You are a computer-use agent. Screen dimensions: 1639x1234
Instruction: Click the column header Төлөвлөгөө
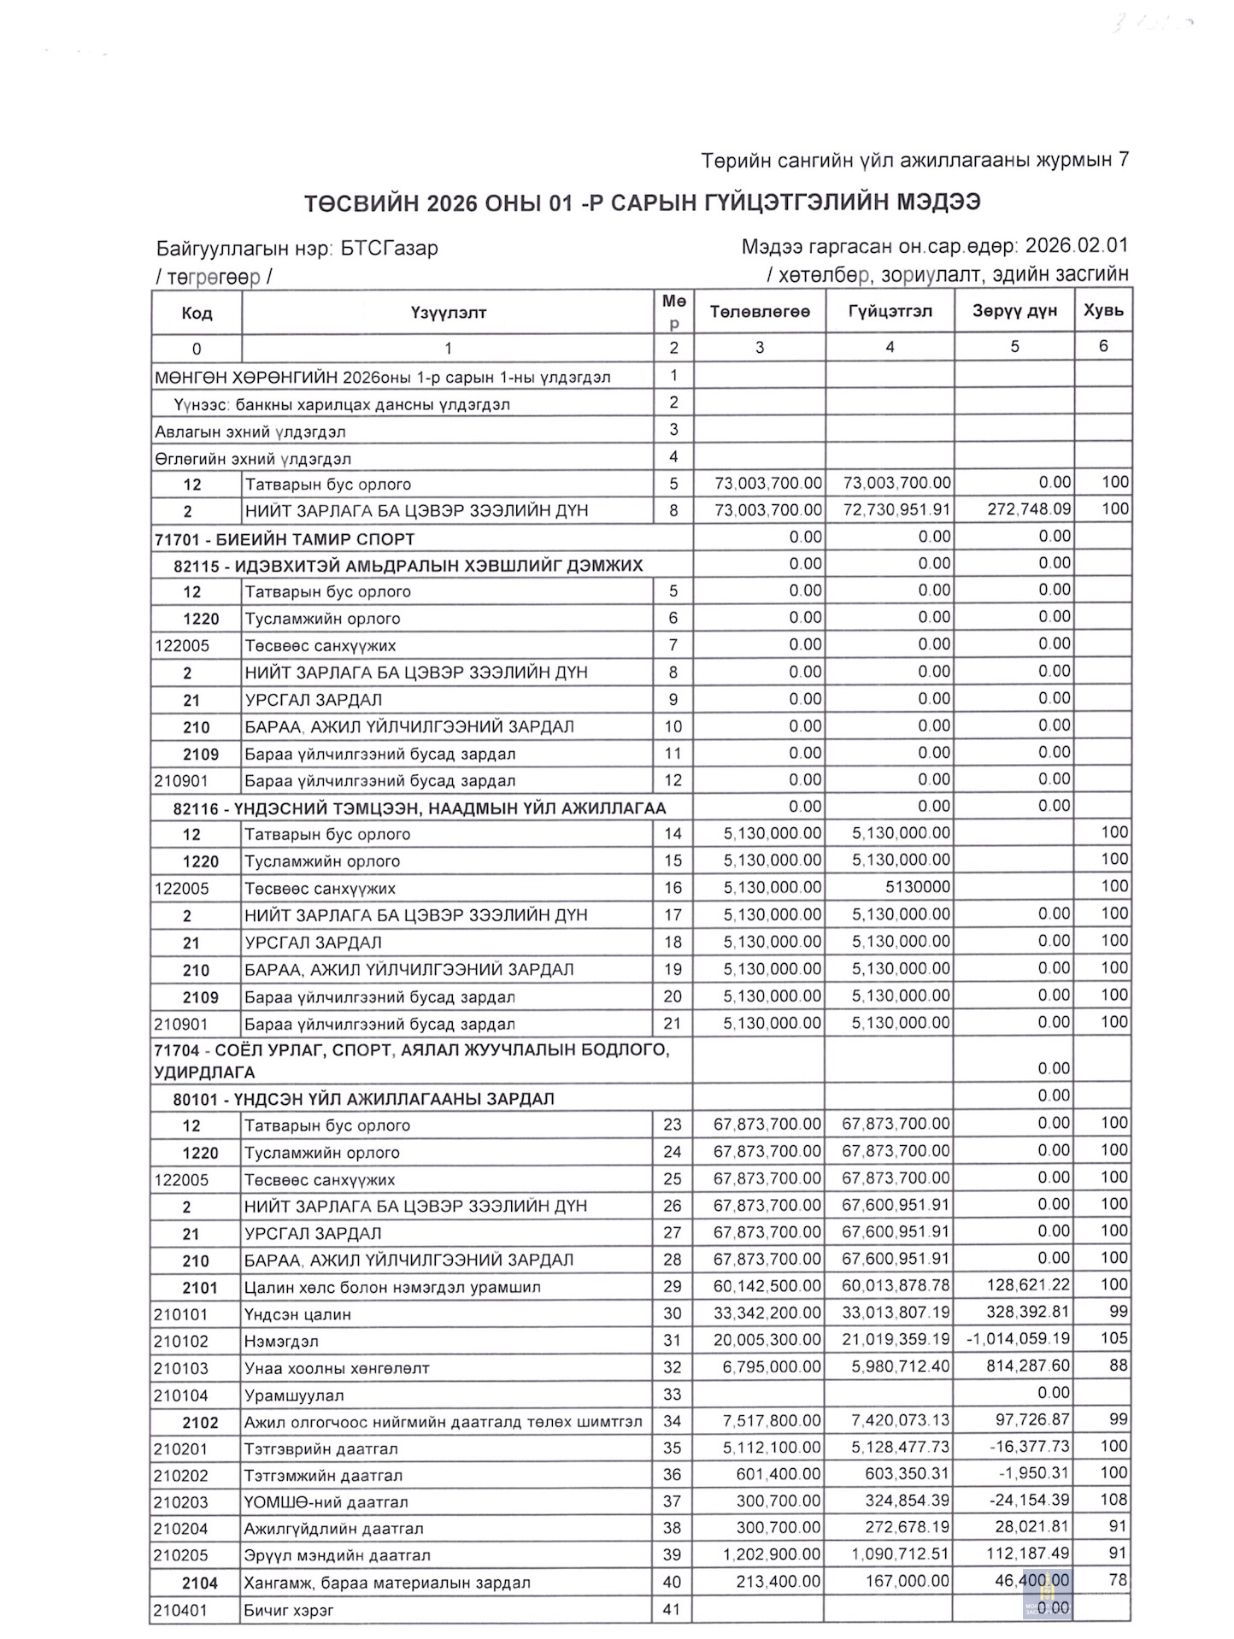click(759, 312)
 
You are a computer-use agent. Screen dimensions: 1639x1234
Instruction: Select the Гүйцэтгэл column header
click(890, 312)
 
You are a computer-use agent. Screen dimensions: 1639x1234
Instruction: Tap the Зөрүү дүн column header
click(1014, 311)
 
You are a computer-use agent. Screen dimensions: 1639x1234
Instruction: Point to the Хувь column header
click(1103, 310)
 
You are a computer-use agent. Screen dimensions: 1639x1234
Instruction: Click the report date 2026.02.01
click(1076, 246)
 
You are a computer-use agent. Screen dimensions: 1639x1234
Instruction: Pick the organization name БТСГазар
click(389, 249)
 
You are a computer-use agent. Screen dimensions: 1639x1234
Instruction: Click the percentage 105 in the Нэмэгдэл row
click(1114, 1338)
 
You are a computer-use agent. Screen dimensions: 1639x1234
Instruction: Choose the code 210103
click(181, 1368)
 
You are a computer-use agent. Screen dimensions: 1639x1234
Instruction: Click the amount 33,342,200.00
click(767, 1313)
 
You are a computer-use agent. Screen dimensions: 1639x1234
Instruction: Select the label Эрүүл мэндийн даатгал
click(337, 1555)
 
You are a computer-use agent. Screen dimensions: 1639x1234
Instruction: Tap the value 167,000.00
click(907, 1582)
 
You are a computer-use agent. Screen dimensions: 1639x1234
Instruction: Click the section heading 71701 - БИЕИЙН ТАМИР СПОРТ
click(285, 539)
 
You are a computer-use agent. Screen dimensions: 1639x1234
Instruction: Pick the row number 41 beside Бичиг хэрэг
click(672, 1610)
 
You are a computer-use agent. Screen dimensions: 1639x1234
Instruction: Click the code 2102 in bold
click(200, 1423)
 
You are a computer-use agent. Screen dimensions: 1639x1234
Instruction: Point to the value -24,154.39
click(1023, 1501)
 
